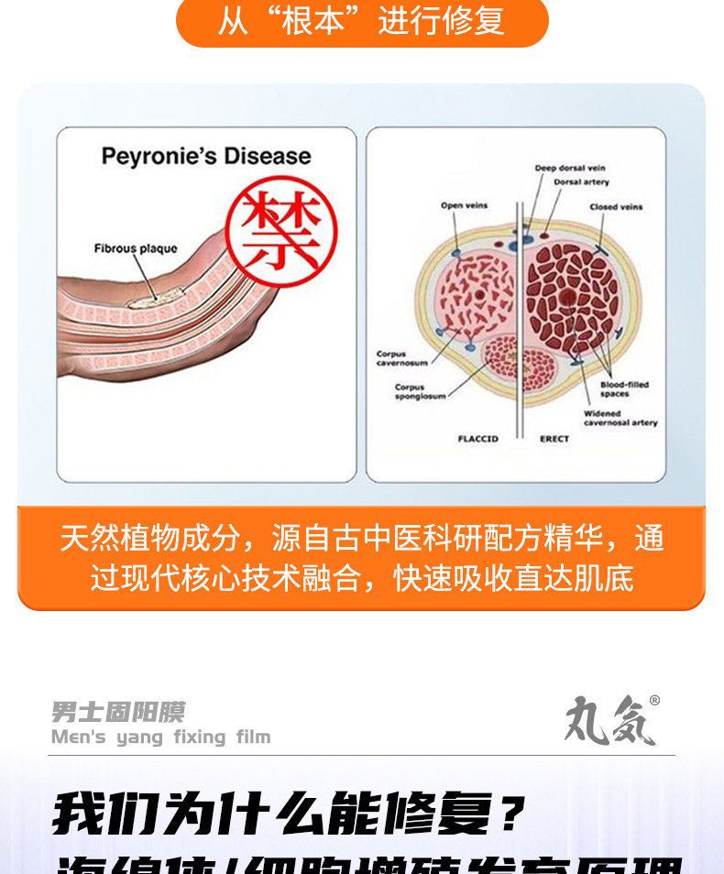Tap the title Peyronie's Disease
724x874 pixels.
pos(206,157)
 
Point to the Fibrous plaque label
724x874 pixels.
pos(136,249)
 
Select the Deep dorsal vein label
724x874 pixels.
pos(570,169)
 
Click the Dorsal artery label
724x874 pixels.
pos(581,182)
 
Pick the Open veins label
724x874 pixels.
pos(464,205)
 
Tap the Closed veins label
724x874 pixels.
pos(616,207)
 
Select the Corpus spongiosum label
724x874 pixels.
pos(422,392)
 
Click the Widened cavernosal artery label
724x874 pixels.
pos(620,418)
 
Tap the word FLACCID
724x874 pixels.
pos(477,440)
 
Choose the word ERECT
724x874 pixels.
pos(554,440)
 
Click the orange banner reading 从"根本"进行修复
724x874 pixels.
pos(361,22)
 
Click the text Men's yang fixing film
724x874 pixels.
pos(161,737)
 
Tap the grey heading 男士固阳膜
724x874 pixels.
pos(118,712)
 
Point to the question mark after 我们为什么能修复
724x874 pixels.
pos(514,814)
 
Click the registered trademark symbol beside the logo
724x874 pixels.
pos(653,701)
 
